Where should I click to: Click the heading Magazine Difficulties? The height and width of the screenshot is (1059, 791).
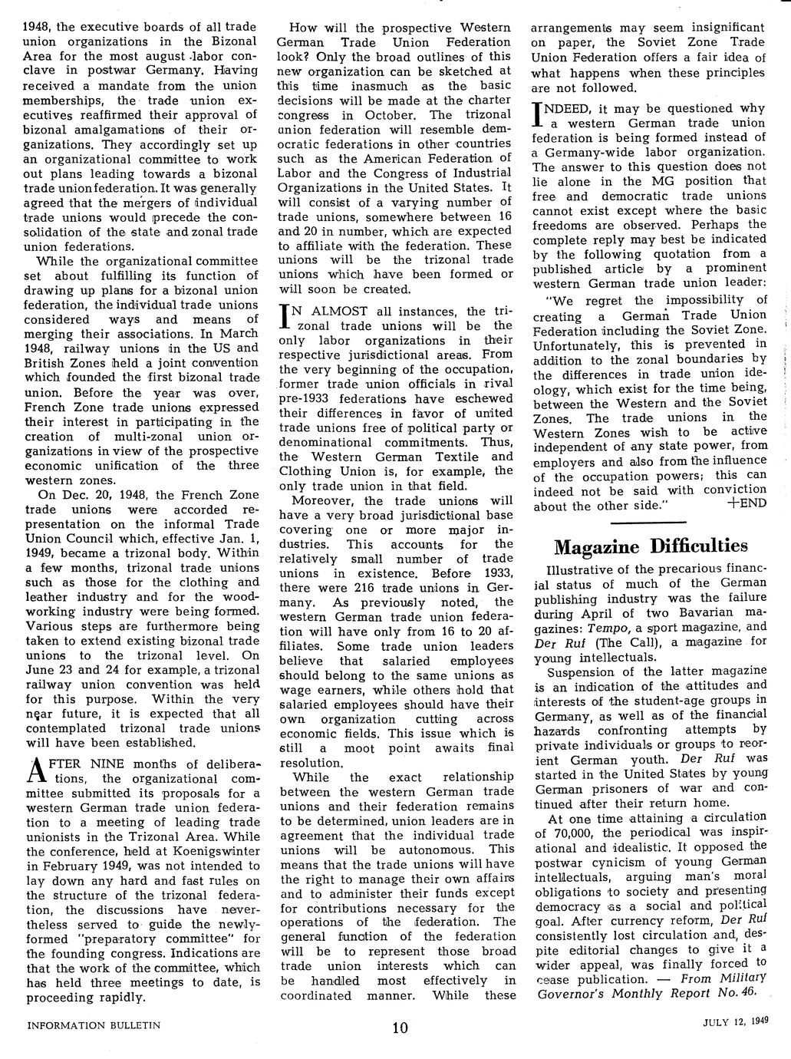coord(650,546)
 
